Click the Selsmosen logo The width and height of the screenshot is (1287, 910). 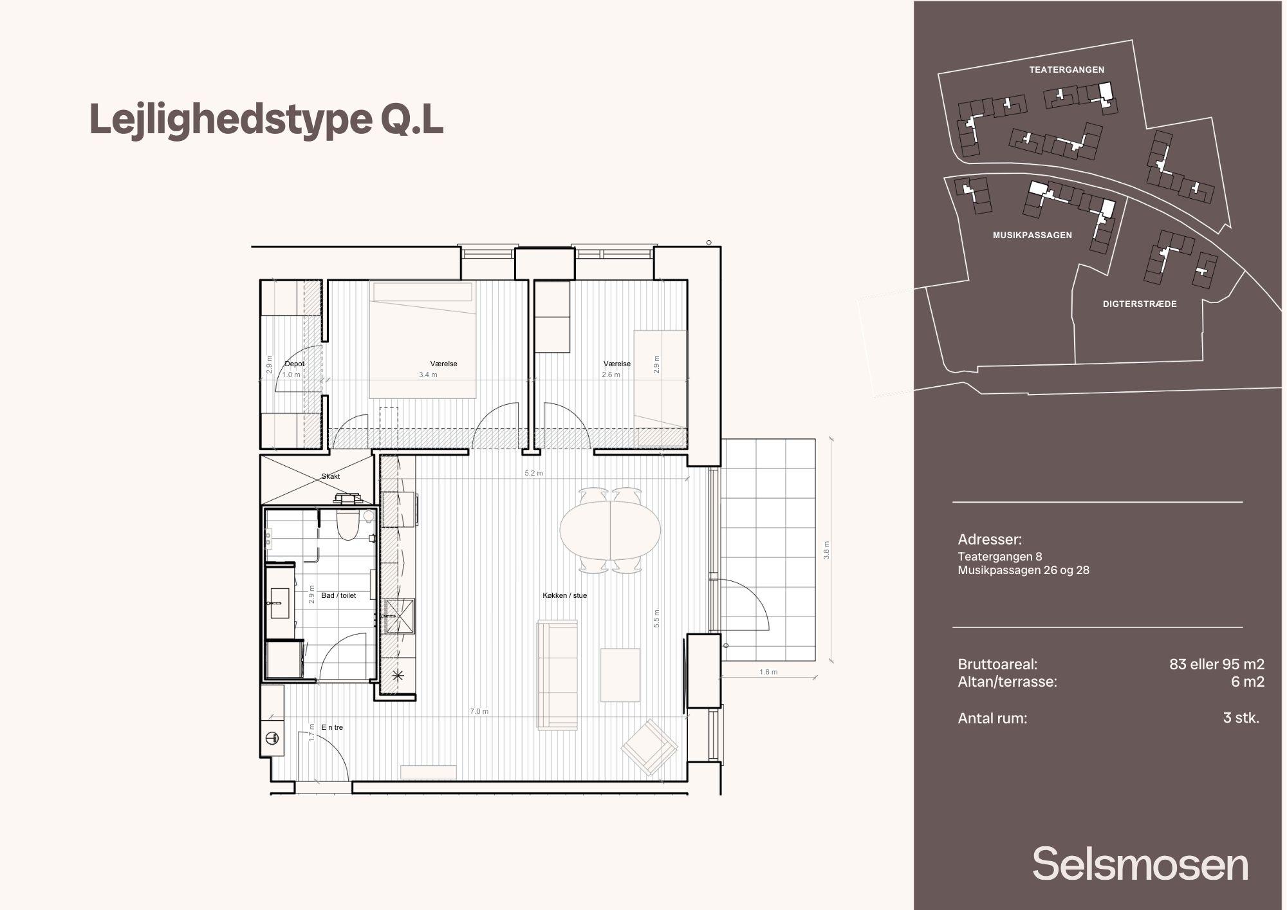(1140, 864)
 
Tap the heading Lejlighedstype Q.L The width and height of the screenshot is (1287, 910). (266, 120)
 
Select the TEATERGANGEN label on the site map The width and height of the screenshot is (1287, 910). (1066, 70)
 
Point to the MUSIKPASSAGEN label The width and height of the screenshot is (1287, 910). (1032, 235)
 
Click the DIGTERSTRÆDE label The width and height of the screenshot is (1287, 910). (1140, 304)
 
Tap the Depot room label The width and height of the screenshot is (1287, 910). (295, 364)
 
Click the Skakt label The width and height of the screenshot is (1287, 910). (330, 476)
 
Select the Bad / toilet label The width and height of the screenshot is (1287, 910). (338, 595)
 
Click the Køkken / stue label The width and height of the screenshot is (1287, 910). (564, 595)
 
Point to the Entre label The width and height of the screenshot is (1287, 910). (332, 727)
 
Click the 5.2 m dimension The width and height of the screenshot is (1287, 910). (533, 473)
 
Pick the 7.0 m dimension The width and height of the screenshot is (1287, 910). (479, 711)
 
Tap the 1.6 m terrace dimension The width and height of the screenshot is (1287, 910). (768, 672)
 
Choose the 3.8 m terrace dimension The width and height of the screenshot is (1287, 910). (827, 550)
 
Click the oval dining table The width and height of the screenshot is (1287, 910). (610, 530)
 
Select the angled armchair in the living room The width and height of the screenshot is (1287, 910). (649, 747)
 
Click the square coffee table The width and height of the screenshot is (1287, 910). (620, 675)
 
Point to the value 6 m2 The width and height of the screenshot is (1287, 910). (1247, 682)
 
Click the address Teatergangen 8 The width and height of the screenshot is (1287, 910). (999, 557)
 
